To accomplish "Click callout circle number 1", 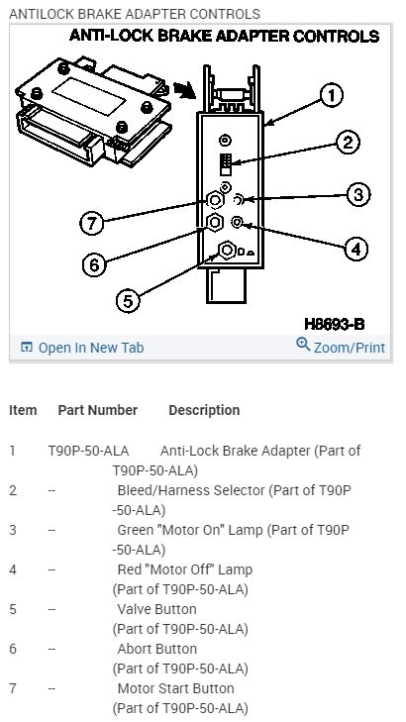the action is [332, 96].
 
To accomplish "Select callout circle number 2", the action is [348, 143].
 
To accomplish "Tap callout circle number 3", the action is [358, 194].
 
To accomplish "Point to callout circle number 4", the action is [356, 250].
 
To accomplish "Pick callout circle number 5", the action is [128, 301].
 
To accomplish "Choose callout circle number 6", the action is [94, 264].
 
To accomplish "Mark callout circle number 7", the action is [92, 223].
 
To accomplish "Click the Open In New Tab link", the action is [82, 348].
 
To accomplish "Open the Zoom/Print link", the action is [341, 347].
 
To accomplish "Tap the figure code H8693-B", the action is [335, 324].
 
